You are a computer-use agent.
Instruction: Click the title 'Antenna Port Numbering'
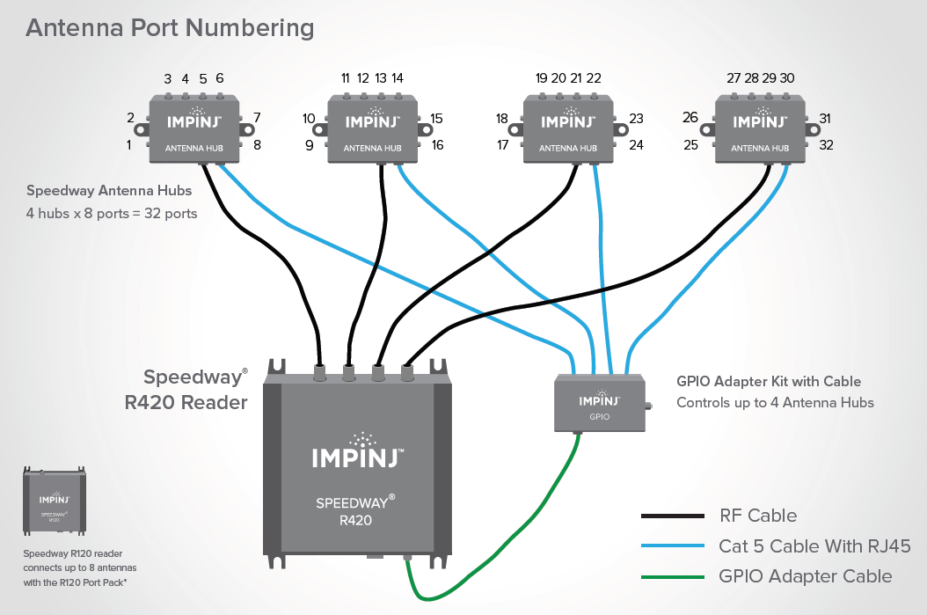point(170,27)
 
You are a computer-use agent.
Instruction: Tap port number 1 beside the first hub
point(129,144)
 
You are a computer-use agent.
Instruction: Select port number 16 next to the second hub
point(437,145)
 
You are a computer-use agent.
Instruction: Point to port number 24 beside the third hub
point(637,145)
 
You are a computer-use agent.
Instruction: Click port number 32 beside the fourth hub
point(826,145)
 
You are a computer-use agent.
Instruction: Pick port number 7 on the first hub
point(257,118)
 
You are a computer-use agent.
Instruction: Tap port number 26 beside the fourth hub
point(690,118)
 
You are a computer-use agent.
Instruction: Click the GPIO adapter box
point(600,402)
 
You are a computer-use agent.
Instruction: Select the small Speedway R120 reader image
point(54,502)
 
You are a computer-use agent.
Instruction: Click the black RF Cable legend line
point(673,516)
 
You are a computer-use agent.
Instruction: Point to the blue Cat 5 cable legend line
point(673,546)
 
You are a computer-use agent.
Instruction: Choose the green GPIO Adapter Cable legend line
point(673,577)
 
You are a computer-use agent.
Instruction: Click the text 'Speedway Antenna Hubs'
point(109,190)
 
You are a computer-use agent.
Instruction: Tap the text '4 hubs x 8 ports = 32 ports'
point(112,213)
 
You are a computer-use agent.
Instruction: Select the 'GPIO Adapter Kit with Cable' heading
point(769,382)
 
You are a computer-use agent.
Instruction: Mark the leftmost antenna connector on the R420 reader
point(320,372)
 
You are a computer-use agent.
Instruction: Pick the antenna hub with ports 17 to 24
point(568,130)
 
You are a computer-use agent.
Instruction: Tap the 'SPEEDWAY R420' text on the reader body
point(356,511)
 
